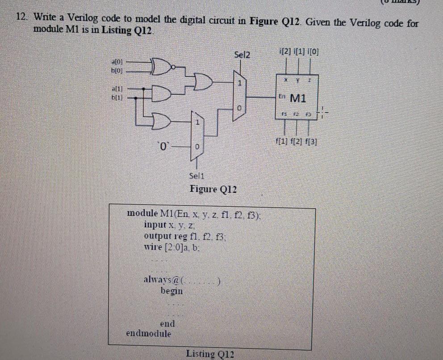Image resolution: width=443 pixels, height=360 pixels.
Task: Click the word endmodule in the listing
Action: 148,333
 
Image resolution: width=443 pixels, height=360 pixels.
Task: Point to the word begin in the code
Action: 171,291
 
